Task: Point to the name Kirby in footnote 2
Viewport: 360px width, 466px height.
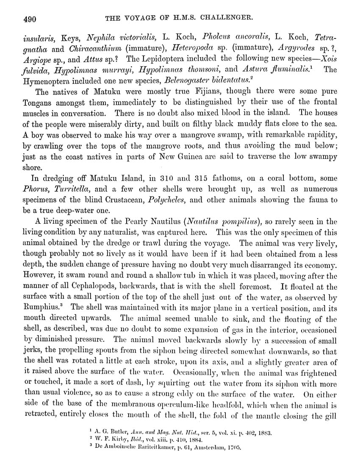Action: coord(117,440)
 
